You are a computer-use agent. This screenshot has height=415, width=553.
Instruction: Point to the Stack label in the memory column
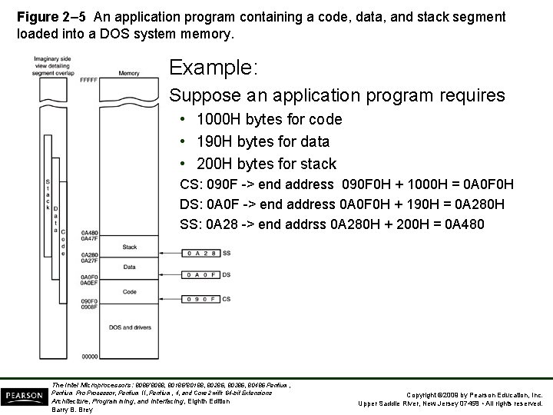tap(130, 247)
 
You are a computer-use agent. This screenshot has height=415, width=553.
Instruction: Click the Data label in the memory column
tap(130, 267)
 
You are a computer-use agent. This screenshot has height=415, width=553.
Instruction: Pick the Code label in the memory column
tap(130, 292)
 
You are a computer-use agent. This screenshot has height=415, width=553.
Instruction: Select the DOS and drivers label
tap(130, 327)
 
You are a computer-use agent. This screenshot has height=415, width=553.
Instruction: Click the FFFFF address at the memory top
tap(88, 80)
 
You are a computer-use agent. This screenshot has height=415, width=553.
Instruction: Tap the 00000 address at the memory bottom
tap(89, 356)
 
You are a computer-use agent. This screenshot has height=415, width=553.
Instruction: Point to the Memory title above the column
tap(129, 73)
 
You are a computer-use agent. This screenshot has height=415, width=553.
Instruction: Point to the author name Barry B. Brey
tap(70, 410)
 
